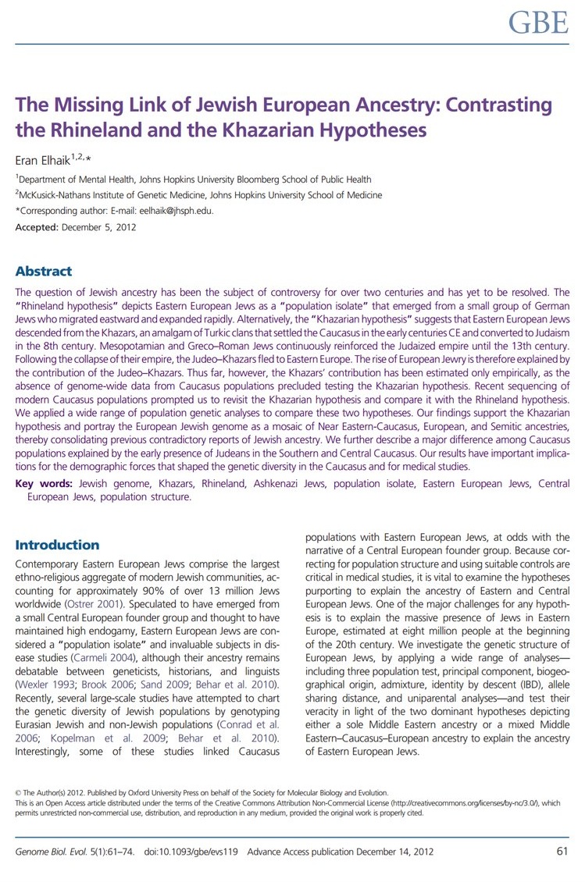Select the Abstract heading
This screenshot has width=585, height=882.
44,272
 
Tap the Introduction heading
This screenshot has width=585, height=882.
57,545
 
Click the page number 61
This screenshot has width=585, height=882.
562,851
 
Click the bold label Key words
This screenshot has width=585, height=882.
45,484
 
